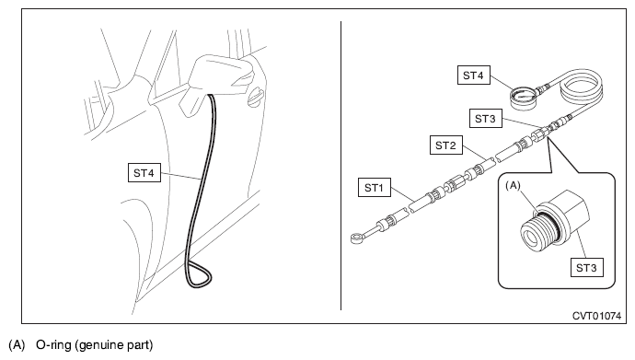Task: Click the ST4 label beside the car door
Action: pyautogui.click(x=144, y=172)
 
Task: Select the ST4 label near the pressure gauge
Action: pyautogui.click(x=473, y=75)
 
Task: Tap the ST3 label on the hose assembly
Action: pyautogui.click(x=485, y=118)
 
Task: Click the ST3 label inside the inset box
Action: pyautogui.click(x=586, y=267)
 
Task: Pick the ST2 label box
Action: pyautogui.click(x=445, y=145)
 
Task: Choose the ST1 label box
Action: pyautogui.click(x=375, y=187)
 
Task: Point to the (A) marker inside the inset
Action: pyautogui.click(x=513, y=185)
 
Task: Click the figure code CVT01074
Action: pyautogui.click(x=596, y=316)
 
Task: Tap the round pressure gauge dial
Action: pyautogui.click(x=523, y=98)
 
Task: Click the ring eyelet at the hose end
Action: pyautogui.click(x=357, y=238)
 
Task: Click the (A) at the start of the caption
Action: pyautogui.click(x=17, y=345)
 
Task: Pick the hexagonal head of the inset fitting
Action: pyautogui.click(x=569, y=211)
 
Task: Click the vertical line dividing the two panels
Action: pyautogui.click(x=341, y=166)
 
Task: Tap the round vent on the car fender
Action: pyautogui.click(x=255, y=98)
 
